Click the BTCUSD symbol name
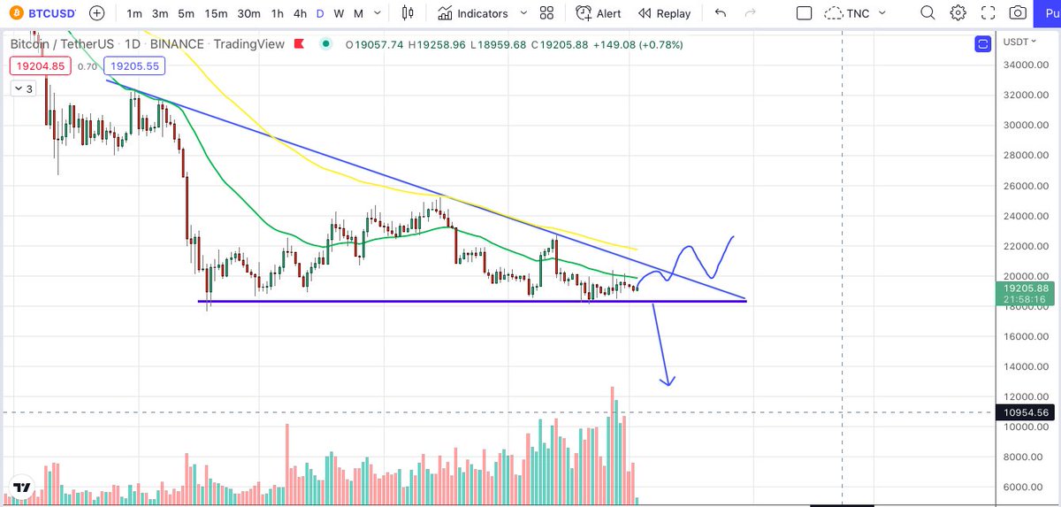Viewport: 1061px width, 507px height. click(x=51, y=13)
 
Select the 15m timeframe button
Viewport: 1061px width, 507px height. click(x=216, y=14)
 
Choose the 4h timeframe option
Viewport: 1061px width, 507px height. click(x=300, y=14)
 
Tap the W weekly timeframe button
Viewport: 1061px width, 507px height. click(x=339, y=14)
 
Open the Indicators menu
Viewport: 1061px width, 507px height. click(x=473, y=14)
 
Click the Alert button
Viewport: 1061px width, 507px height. click(x=599, y=14)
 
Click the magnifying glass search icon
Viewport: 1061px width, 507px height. click(x=927, y=12)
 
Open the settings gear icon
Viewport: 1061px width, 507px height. click(x=958, y=12)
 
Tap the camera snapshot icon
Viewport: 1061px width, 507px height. click(x=1018, y=12)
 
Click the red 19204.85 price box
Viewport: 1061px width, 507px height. click(x=41, y=65)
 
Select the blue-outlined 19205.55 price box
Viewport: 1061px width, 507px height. click(x=134, y=65)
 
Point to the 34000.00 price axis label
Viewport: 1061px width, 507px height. click(x=1026, y=65)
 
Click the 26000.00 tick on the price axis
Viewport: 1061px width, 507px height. click(x=1026, y=186)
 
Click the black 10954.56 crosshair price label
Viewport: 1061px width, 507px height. click(x=1025, y=412)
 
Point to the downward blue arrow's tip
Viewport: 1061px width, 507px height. click(x=668, y=385)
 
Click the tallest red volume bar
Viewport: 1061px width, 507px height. click(x=612, y=445)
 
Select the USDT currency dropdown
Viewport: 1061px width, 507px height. click(x=1019, y=42)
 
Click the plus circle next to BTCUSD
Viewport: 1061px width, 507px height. click(x=96, y=13)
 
